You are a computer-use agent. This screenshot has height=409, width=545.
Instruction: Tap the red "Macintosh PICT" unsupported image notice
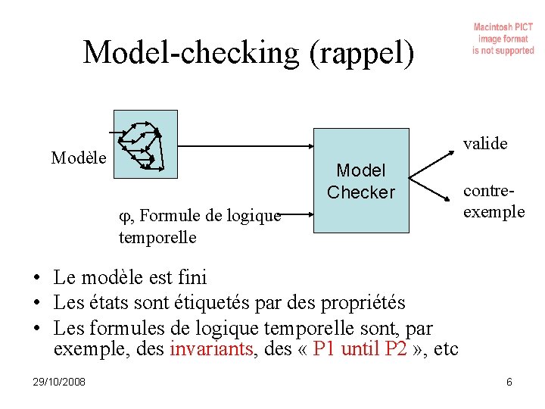pos(503,39)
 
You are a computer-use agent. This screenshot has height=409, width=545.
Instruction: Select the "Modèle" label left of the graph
pos(79,158)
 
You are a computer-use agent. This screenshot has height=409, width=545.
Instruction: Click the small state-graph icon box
pos(145,144)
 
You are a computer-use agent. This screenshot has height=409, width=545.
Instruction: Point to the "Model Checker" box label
pos(361,182)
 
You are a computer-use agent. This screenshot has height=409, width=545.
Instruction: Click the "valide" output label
pos(485,143)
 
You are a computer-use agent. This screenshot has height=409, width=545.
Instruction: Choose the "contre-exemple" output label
pos(494,201)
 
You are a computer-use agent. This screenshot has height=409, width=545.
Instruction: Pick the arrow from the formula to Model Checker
pos(295,214)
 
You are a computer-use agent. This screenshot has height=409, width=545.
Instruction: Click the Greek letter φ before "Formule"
pos(125,216)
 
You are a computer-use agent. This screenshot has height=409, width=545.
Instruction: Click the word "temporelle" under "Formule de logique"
pos(157,238)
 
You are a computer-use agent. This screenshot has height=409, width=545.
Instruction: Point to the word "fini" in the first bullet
pos(189,278)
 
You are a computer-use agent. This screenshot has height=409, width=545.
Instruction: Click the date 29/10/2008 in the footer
pos(59,382)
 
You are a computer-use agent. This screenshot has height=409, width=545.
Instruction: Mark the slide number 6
pos(509,382)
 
